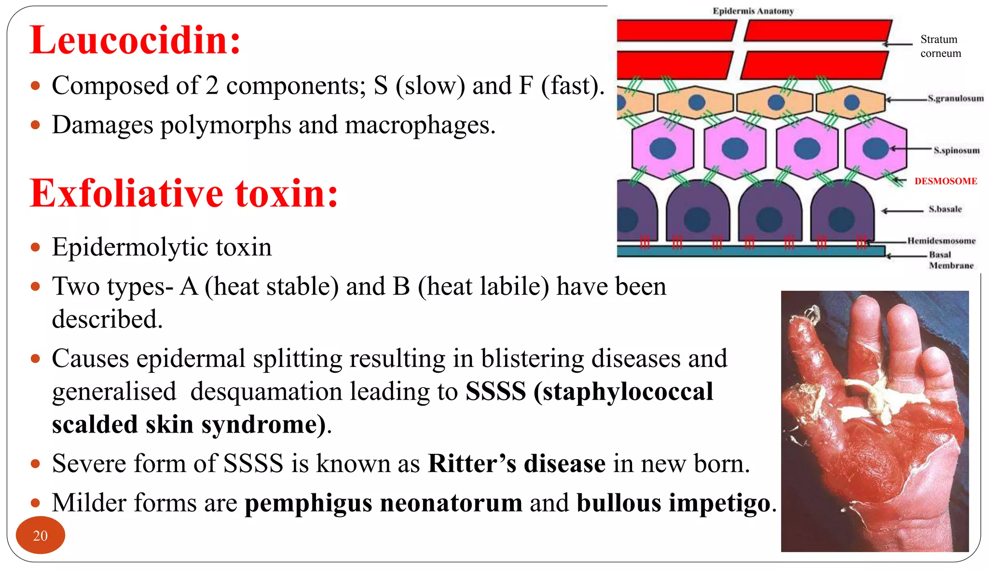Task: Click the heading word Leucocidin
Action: pos(135,41)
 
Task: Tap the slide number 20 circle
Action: pos(41,535)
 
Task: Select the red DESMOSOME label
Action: pos(946,181)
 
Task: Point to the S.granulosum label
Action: pos(955,98)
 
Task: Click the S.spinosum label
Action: pos(956,150)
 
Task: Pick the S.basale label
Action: pos(945,209)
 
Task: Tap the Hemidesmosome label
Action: pos(941,241)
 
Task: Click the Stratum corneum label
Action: pos(940,46)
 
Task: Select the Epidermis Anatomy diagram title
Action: pos(753,11)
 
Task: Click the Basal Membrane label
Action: pos(950,260)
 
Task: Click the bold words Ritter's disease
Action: pos(517,463)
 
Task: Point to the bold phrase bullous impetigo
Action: pos(673,503)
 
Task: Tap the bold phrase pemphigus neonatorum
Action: pos(384,503)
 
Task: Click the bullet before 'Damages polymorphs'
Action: pos(35,125)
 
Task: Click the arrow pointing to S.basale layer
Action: pos(902,211)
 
